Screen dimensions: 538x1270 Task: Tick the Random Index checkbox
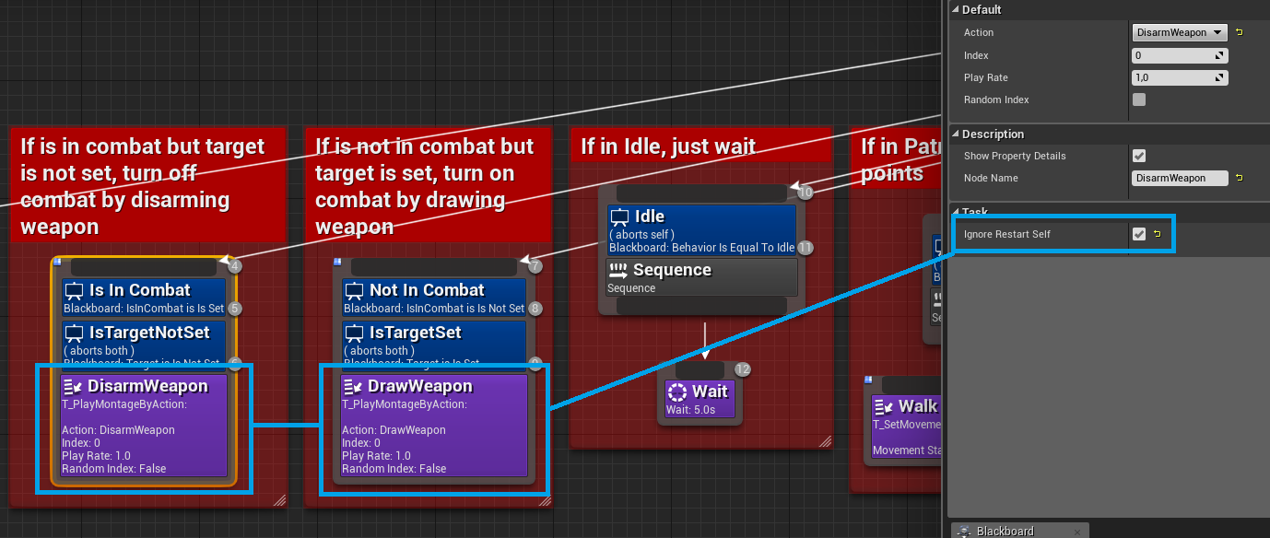pos(1139,99)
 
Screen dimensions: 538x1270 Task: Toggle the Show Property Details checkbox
pos(1139,156)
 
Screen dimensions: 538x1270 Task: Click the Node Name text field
pos(1180,178)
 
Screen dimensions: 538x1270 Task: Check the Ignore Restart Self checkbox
pos(1139,234)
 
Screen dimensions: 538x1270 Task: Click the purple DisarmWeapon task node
pos(143,425)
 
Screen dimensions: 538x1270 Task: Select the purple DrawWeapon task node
pos(433,425)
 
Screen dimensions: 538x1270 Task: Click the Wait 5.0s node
pos(700,399)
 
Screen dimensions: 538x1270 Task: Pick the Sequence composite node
pos(701,276)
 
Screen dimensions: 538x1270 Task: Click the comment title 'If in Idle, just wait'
pos(668,146)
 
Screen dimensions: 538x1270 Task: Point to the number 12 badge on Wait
pos(743,369)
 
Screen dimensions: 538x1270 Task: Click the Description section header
pos(993,134)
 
